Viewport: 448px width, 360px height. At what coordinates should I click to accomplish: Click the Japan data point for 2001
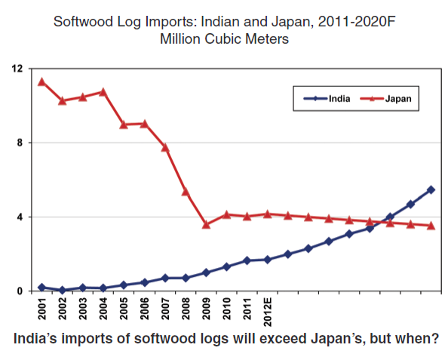tap(41, 82)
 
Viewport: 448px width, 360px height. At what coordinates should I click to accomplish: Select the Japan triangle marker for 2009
tap(206, 224)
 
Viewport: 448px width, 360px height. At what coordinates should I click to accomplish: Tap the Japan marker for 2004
tap(103, 92)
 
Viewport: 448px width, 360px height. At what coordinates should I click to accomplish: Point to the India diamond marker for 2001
tap(41, 288)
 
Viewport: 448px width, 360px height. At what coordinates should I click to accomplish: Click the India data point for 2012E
tap(268, 260)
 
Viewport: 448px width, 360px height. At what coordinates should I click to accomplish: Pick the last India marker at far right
tap(431, 189)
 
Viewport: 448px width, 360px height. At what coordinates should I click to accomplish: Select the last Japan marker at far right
tap(431, 226)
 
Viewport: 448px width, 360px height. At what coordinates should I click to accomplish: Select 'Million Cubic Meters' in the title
tap(225, 38)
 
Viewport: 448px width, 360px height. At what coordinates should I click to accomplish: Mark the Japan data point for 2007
tap(165, 147)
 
